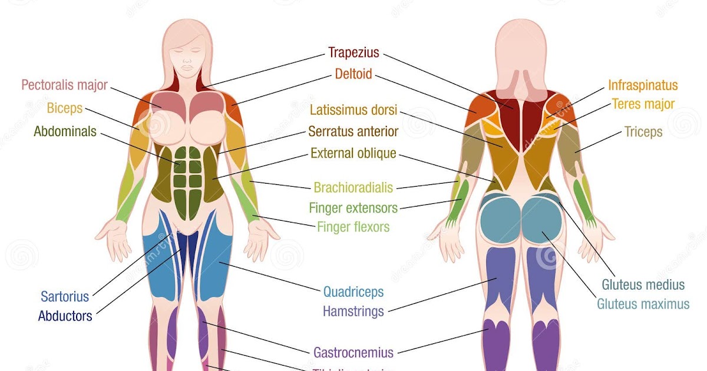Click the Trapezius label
(x=354, y=53)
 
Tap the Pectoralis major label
(x=65, y=85)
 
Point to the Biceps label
(x=65, y=108)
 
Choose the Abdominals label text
(x=65, y=131)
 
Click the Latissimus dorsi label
(x=353, y=110)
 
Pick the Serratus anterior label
(x=353, y=131)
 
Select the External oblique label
(x=353, y=154)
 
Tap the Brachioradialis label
(x=353, y=188)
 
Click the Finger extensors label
(x=353, y=207)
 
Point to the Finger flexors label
(x=353, y=227)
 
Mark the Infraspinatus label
(x=643, y=85)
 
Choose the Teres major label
(x=643, y=104)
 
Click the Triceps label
(x=643, y=132)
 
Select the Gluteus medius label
(x=643, y=285)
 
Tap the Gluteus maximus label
(x=643, y=304)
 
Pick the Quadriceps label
(x=353, y=291)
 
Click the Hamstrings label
(x=353, y=311)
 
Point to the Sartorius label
(x=65, y=296)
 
